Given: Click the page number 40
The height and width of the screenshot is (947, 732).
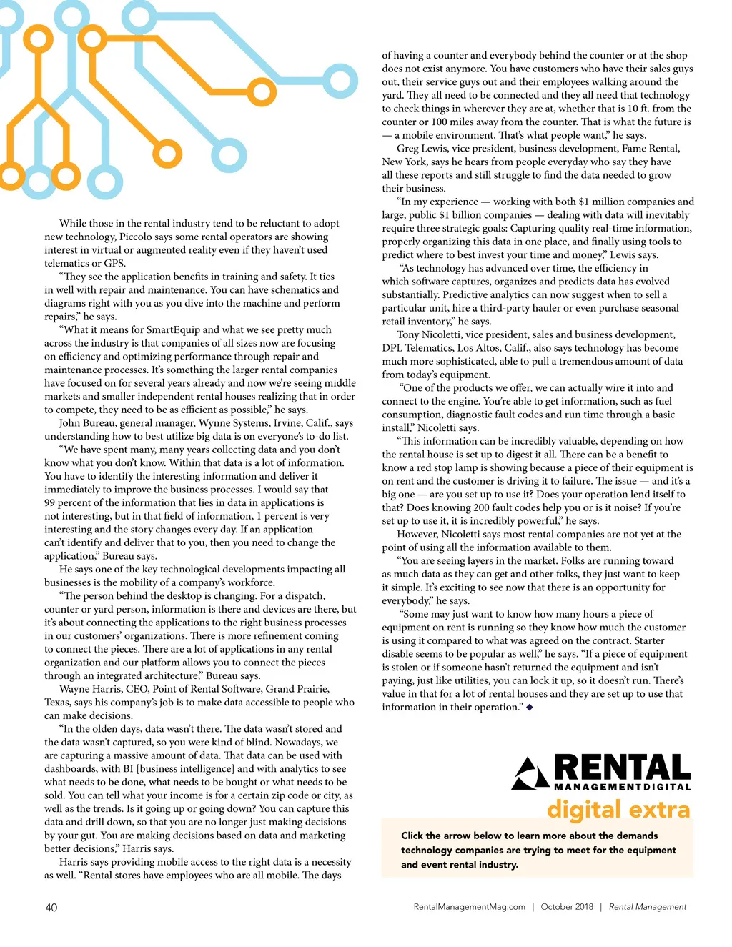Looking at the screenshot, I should (51, 908).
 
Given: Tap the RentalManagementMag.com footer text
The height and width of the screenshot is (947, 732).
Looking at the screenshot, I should (469, 907).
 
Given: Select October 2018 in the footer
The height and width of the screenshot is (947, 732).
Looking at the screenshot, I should (567, 907).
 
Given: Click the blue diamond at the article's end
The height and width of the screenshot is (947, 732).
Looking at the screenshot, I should (529, 708).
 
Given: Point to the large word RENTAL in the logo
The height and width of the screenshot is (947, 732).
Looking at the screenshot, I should (622, 768).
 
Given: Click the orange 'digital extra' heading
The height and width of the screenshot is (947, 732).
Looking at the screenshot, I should (618, 810).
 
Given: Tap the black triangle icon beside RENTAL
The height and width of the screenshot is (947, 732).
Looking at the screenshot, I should (530, 773).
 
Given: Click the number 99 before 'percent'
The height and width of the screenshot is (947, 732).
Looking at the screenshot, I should (51, 503).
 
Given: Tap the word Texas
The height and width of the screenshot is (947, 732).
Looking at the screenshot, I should (58, 703).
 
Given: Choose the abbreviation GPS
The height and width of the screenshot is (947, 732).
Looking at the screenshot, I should (114, 264).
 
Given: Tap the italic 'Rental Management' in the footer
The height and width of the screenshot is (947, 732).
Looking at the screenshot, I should (648, 907).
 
